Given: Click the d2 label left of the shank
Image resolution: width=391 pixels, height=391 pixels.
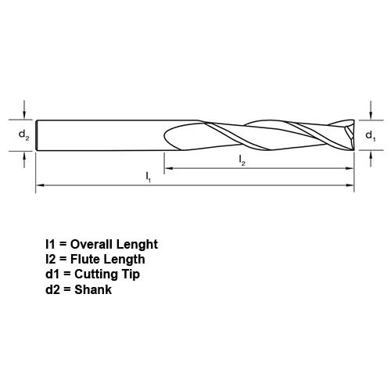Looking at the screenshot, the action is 23,135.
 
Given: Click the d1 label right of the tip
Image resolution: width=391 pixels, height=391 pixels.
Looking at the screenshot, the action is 371,136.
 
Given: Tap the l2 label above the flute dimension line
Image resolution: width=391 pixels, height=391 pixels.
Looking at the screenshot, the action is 242,160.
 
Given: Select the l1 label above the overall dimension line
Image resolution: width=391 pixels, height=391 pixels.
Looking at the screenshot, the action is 148,177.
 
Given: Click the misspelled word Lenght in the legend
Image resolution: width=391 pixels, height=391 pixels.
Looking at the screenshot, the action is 137,245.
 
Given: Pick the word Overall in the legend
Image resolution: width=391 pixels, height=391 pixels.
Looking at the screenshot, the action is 91,244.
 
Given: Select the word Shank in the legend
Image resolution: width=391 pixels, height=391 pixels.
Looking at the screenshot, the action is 93,289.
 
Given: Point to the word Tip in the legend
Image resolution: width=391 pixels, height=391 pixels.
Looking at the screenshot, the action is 131,274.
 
